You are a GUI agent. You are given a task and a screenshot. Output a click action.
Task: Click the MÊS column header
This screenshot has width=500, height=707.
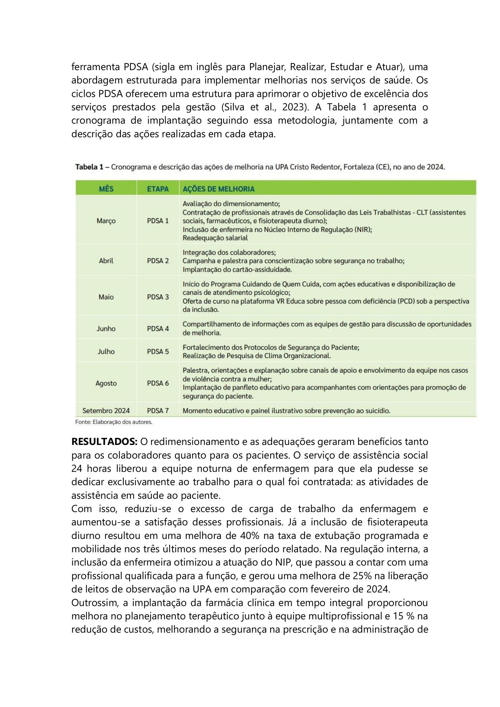(106, 188)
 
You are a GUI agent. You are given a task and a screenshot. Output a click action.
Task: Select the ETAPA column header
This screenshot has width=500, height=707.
(157, 188)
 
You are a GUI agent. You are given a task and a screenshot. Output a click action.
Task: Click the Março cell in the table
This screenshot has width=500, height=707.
(106, 221)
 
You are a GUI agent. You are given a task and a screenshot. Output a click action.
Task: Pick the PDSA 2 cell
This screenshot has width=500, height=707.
(157, 261)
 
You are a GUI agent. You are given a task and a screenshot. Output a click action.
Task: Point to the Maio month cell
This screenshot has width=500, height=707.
(106, 297)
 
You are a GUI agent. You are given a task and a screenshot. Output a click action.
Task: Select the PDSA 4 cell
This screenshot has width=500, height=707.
(157, 329)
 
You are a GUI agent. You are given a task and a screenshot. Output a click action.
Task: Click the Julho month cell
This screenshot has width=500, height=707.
(106, 351)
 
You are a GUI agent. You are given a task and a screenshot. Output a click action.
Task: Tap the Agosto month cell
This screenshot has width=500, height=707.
(106, 383)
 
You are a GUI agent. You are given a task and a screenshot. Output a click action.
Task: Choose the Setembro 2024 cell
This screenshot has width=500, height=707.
(106, 410)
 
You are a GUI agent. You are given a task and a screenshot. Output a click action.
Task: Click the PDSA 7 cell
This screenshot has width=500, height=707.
(157, 410)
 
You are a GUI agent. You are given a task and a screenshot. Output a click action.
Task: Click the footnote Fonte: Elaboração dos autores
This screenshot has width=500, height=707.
(114, 422)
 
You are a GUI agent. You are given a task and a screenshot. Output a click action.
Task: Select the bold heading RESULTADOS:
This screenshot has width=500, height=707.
(104, 442)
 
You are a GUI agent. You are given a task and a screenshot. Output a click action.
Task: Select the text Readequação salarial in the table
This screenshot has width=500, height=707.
(215, 238)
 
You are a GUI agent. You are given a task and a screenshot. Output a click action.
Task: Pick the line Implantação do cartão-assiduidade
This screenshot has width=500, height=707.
(237, 269)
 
